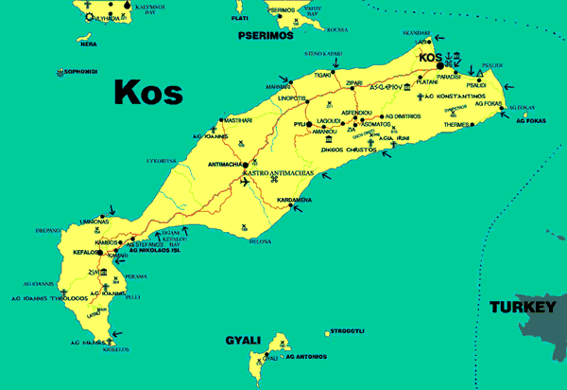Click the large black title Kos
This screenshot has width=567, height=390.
147,92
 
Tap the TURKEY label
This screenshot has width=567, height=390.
521,308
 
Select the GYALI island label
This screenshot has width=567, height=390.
244,339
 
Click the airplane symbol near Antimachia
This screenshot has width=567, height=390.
247,182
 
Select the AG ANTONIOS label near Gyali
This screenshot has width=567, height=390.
305,357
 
